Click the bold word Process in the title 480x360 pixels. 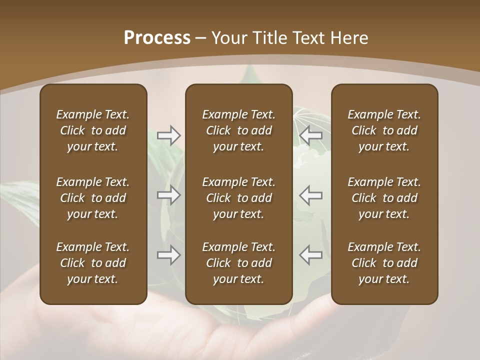pyautogui.click(x=157, y=38)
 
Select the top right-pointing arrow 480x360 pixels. pyautogui.click(x=168, y=135)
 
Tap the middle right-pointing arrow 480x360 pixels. pyautogui.click(x=168, y=195)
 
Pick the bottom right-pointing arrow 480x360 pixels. pyautogui.click(x=168, y=255)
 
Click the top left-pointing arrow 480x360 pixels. pyautogui.click(x=310, y=135)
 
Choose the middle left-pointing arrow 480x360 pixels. pyautogui.click(x=310, y=195)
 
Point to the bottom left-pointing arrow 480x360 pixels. pyautogui.click(x=310, y=255)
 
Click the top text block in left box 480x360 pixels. pyautogui.click(x=93, y=130)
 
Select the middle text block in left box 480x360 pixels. pyautogui.click(x=93, y=198)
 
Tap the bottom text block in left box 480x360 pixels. pyautogui.click(x=93, y=263)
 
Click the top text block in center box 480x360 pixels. pyautogui.click(x=238, y=130)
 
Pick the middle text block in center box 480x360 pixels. pyautogui.click(x=238, y=198)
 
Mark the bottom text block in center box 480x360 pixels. pyautogui.click(x=238, y=263)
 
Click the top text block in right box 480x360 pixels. pyautogui.click(x=384, y=130)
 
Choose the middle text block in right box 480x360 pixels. pyautogui.click(x=384, y=198)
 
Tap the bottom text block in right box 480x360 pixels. pyautogui.click(x=384, y=263)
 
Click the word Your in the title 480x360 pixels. pyautogui.click(x=229, y=38)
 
